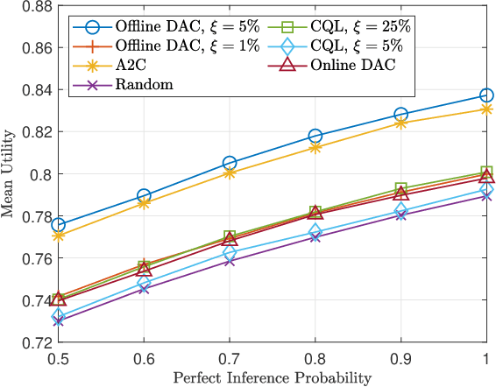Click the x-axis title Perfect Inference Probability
pyautogui.click(x=272, y=378)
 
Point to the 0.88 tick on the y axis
pyautogui.click(x=34, y=6)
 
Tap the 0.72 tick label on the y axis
pyautogui.click(x=34, y=342)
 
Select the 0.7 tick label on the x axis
pyautogui.click(x=229, y=358)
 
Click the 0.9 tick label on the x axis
pyautogui.click(x=400, y=358)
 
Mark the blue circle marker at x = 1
pyautogui.click(x=486, y=95)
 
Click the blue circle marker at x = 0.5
pyautogui.click(x=58, y=225)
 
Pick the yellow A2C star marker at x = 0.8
pyautogui.click(x=315, y=148)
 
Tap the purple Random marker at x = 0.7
pyautogui.click(x=230, y=261)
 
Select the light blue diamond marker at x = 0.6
pyautogui.click(x=144, y=282)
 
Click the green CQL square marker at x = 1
pyautogui.click(x=486, y=172)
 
